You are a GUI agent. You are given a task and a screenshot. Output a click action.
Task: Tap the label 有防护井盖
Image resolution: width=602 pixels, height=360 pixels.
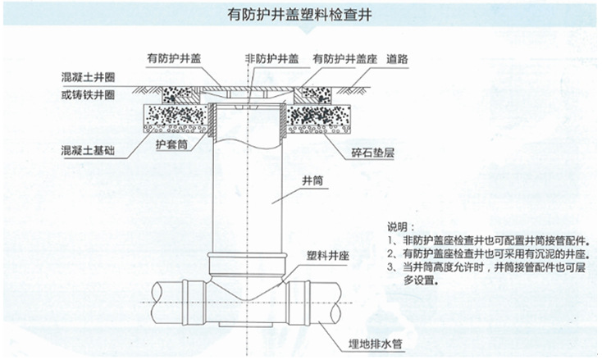(x=173, y=58)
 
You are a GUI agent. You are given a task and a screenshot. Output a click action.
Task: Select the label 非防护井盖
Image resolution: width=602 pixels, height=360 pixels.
(x=271, y=58)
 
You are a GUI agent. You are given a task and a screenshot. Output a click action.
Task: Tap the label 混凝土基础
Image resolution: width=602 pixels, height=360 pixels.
(x=88, y=151)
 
